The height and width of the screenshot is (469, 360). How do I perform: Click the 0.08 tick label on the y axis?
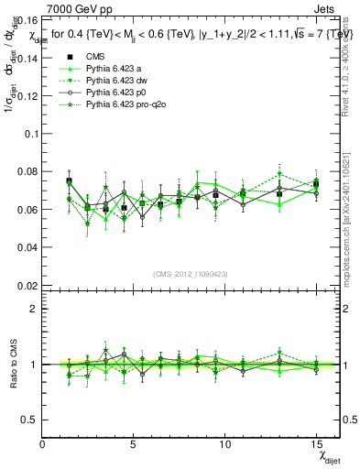point(28,171)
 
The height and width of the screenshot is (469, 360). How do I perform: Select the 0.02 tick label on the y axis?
point(28,286)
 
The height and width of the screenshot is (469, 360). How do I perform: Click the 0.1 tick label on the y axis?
point(32,133)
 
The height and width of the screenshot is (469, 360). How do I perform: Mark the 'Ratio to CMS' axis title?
point(12,365)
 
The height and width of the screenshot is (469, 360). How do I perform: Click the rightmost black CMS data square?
point(316,184)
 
